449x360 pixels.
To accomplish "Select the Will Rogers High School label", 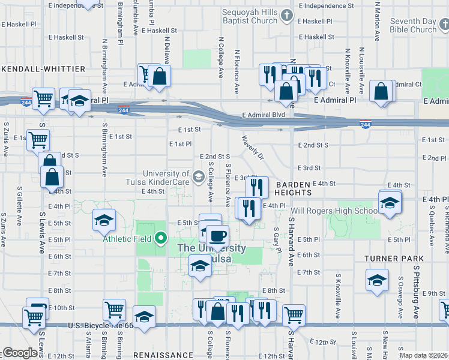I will coord(334,211).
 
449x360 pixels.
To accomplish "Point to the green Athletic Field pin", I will coord(160,239).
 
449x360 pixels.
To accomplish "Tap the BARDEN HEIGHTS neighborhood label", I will coord(294,188).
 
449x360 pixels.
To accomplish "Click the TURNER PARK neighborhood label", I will coord(393,258).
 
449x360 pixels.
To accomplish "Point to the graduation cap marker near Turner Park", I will coord(377,280).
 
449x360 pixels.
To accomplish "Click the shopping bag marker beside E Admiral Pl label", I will coord(382,92).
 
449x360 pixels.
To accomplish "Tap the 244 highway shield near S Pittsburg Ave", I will coord(365,124).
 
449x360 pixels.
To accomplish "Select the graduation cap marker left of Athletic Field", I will coord(104,221).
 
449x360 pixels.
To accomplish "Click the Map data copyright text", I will coord(423,355).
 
